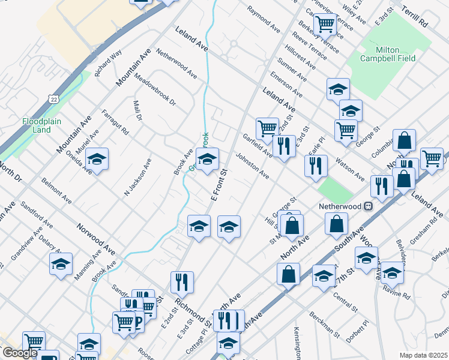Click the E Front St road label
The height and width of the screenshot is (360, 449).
(x=220, y=185)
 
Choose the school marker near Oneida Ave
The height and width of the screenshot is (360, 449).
(x=96, y=160)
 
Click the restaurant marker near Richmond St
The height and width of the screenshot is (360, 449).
(x=181, y=281)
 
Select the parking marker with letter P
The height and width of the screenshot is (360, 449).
(x=137, y=323)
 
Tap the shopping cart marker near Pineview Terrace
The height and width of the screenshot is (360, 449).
(x=324, y=23)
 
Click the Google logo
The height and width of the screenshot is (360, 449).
(x=19, y=352)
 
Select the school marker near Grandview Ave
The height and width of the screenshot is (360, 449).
(x=61, y=264)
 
